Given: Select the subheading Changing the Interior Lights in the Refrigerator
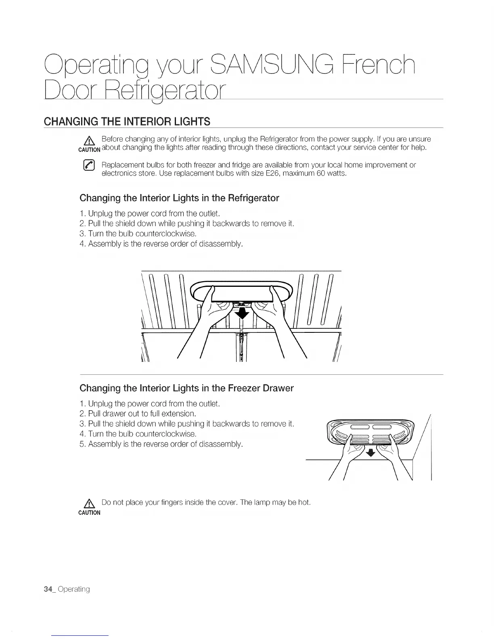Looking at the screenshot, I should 179,198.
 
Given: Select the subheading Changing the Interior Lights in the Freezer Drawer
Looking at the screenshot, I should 186,388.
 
